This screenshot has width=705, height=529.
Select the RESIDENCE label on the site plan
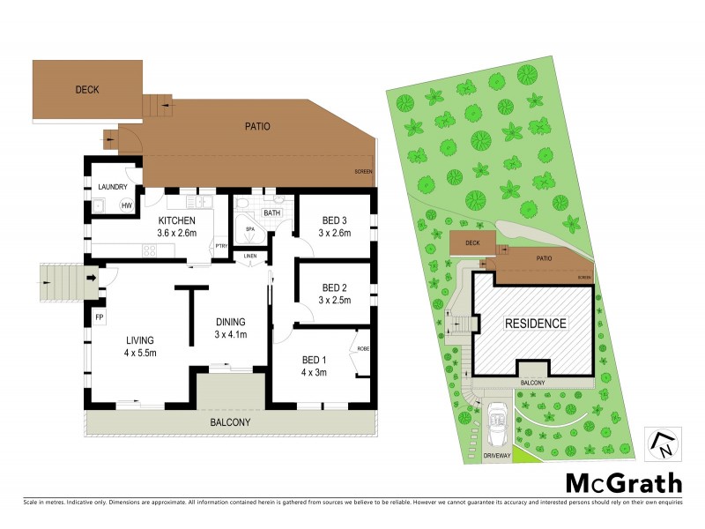pyautogui.click(x=535, y=324)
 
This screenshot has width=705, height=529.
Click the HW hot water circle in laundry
pyautogui.click(x=126, y=206)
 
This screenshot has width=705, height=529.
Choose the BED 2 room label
pyautogui.click(x=335, y=287)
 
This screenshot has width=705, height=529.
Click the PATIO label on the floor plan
pyautogui.click(x=256, y=126)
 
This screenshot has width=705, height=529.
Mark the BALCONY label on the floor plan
pyautogui.click(x=230, y=423)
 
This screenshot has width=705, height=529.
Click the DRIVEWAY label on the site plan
pyautogui.click(x=497, y=456)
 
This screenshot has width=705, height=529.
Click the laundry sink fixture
pyautogui.click(x=100, y=206)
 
